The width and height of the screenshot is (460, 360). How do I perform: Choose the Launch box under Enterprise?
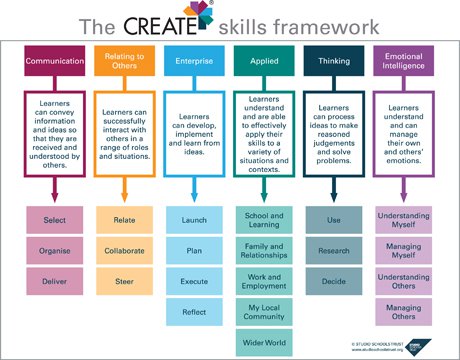tap(193, 218)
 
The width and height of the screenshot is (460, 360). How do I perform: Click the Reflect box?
tap(193, 312)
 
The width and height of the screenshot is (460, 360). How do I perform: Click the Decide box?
tap(333, 281)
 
